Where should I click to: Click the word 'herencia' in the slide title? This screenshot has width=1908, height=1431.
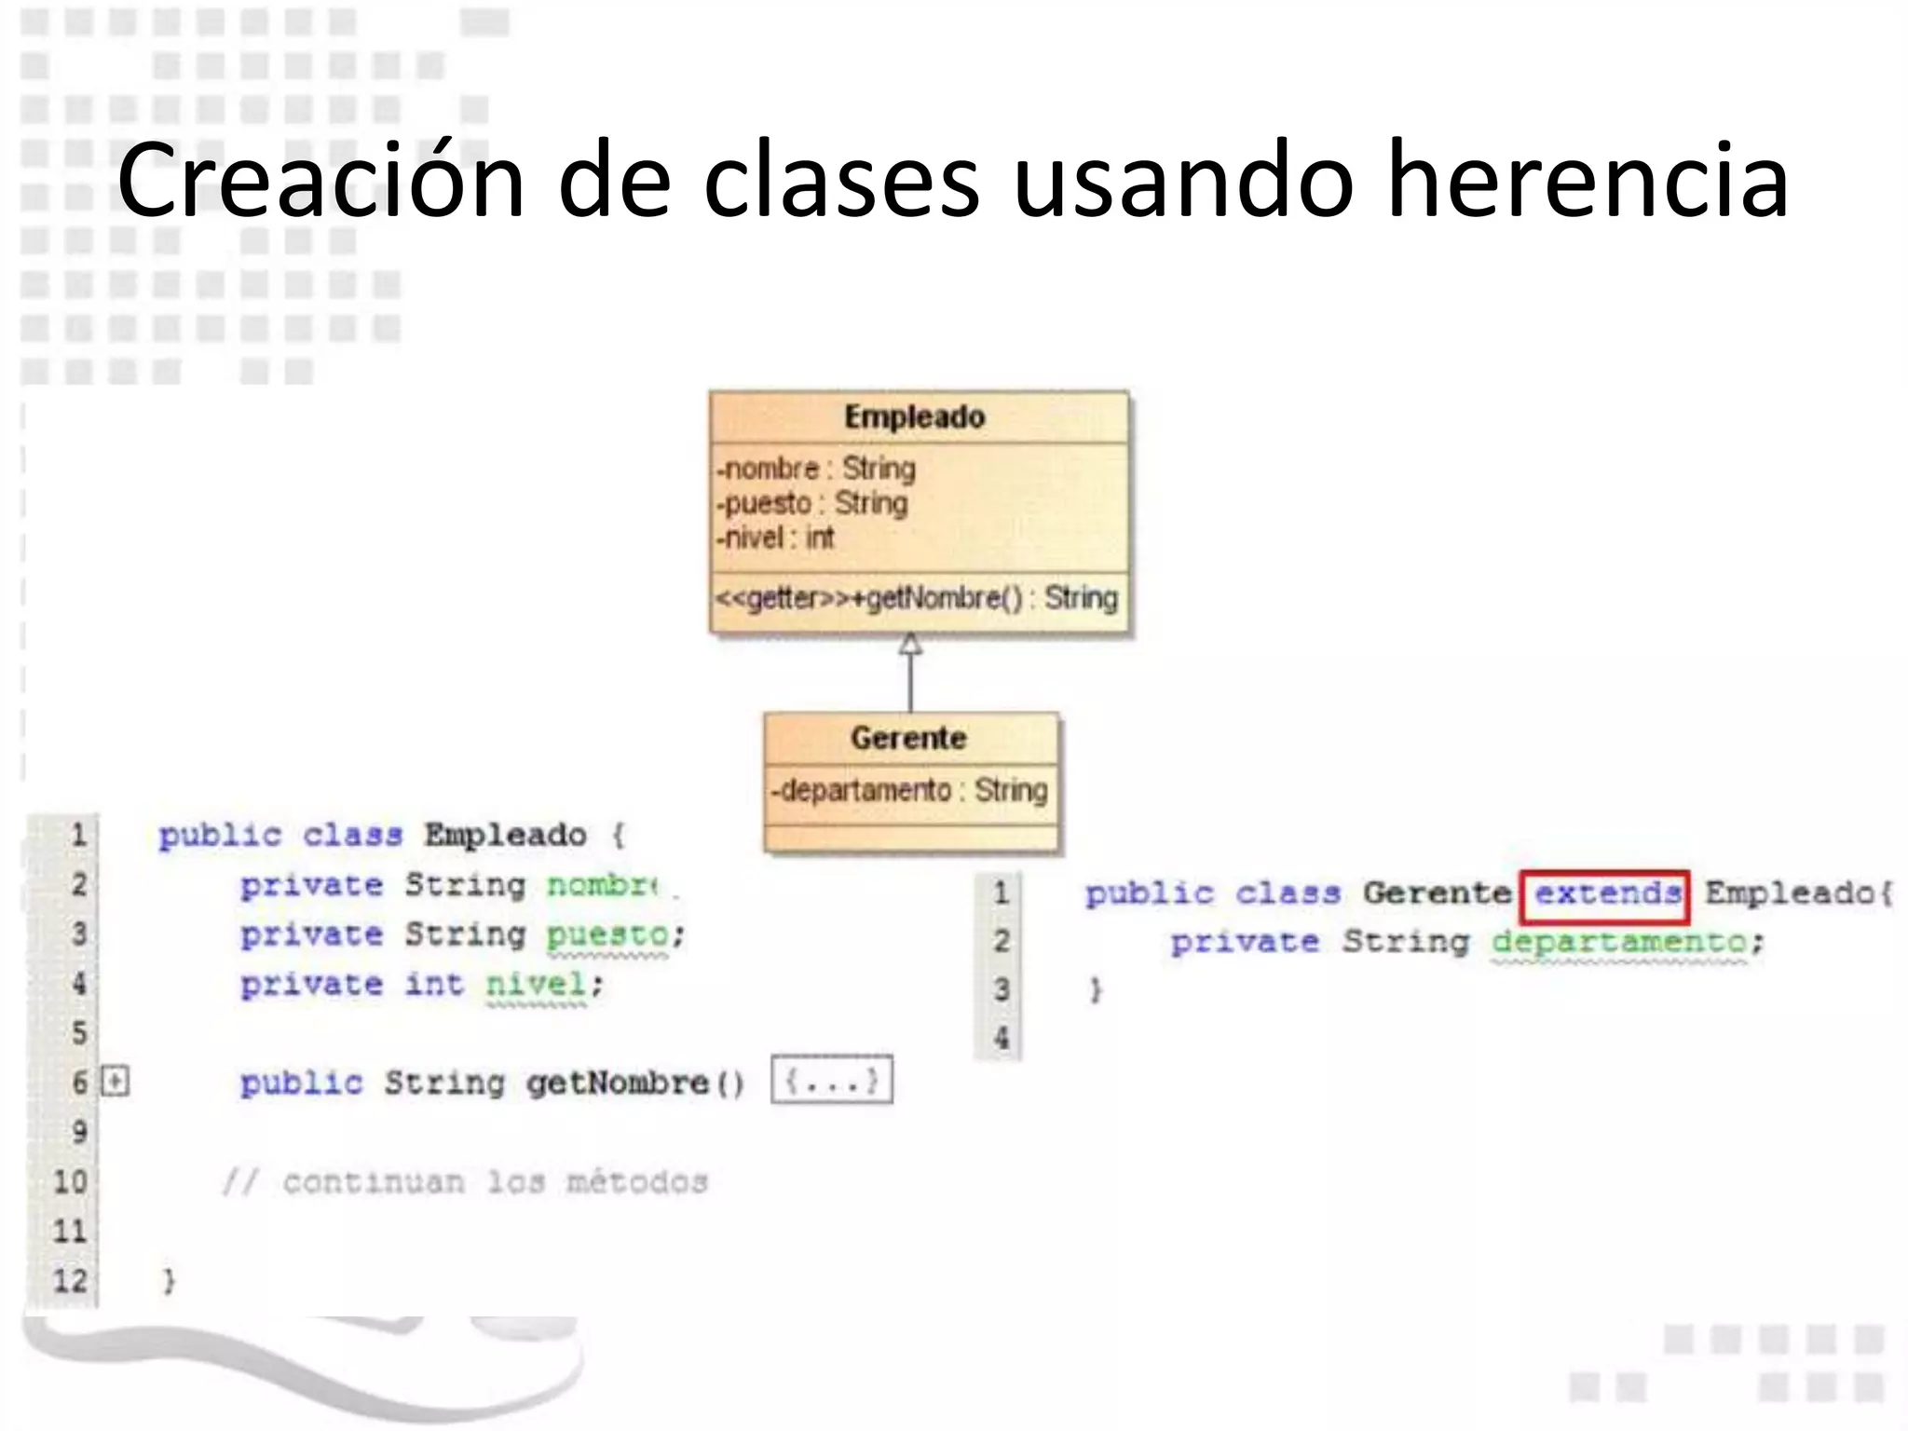pyautogui.click(x=1588, y=179)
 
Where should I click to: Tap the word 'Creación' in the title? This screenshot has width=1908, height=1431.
pyautogui.click(x=320, y=179)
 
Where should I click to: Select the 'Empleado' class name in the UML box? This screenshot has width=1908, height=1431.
pyautogui.click(x=914, y=416)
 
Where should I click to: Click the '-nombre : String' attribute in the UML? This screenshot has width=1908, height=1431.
pyautogui.click(x=816, y=468)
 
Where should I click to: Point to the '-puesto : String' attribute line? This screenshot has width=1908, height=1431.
pyautogui.click(x=811, y=503)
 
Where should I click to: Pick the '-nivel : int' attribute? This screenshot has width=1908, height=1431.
pyautogui.click(x=775, y=538)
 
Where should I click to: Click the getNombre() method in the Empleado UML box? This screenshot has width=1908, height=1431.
pyautogui.click(x=917, y=597)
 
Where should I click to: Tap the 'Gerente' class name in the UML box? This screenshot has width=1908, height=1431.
pyautogui.click(x=908, y=738)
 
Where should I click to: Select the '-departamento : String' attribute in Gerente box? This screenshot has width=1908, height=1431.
pyautogui.click(x=909, y=790)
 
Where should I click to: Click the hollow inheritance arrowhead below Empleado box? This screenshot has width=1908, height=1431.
pyautogui.click(x=910, y=644)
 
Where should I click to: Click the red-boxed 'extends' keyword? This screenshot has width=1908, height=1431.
pyautogui.click(x=1604, y=894)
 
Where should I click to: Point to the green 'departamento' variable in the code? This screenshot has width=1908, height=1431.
pyautogui.click(x=1619, y=942)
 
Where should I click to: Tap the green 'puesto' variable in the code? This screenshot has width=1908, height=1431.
pyautogui.click(x=607, y=934)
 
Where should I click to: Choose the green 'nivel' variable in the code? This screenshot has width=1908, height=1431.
pyautogui.click(x=537, y=984)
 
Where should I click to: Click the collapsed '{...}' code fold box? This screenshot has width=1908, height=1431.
pyautogui.click(x=832, y=1081)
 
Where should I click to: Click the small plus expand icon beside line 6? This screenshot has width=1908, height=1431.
pyautogui.click(x=116, y=1082)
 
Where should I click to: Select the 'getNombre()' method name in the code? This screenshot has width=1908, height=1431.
pyautogui.click(x=634, y=1083)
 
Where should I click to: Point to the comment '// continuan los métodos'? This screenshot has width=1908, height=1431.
pyautogui.click(x=465, y=1182)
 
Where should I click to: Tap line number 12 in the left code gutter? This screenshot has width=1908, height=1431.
pyautogui.click(x=70, y=1280)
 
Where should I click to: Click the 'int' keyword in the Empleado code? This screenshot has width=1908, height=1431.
pyautogui.click(x=433, y=984)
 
